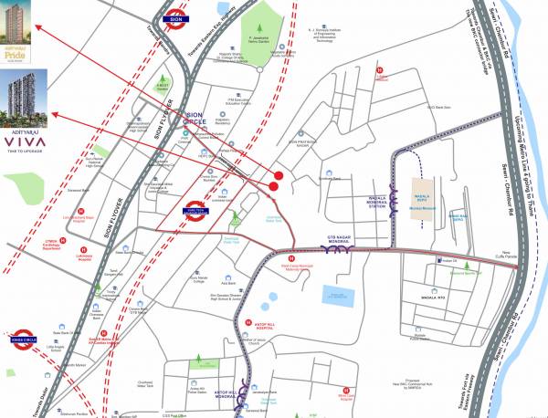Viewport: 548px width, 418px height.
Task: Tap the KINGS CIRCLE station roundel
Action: (24, 333)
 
